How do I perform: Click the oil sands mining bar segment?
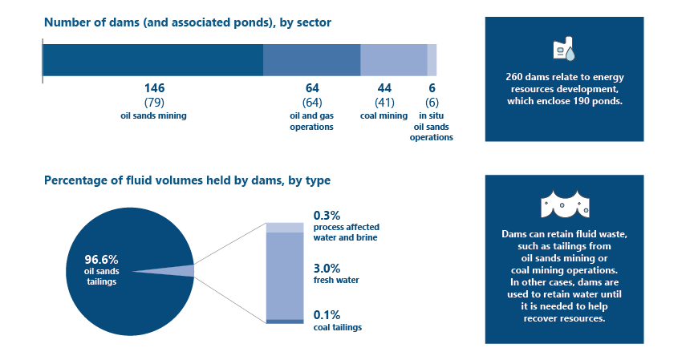coord(152,60)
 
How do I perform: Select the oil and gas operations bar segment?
coord(312,60)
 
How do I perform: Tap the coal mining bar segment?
coord(393,60)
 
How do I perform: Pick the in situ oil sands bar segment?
coord(432,60)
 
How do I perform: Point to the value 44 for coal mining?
coord(384,87)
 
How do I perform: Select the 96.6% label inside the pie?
coord(101,259)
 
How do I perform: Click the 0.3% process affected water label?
coord(327,215)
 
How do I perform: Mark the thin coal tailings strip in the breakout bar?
coord(285,321)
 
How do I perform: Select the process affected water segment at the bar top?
coord(285,227)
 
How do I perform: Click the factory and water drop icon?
coord(563,51)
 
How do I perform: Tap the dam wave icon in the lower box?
coord(563,203)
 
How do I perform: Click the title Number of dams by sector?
coord(187,22)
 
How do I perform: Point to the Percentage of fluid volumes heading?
coord(187,180)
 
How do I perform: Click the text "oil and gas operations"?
coord(311,121)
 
